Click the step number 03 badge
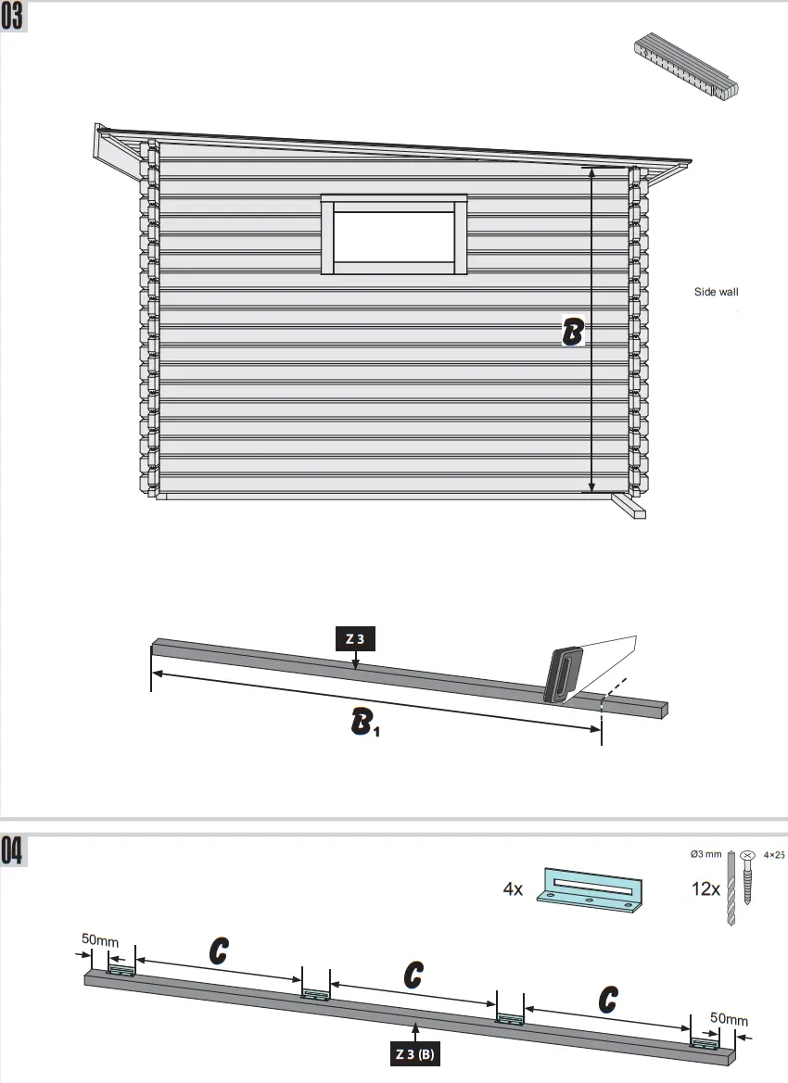coord(13,18)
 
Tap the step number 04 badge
coord(13,851)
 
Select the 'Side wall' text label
coord(717,292)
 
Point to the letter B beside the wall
coord(573,332)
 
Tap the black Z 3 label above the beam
coord(355,638)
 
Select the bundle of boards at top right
coord(689,68)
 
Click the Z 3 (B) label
coord(414,1054)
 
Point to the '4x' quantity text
coord(514,889)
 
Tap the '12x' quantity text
coord(705,889)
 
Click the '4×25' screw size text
coord(774,856)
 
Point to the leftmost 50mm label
coord(99,939)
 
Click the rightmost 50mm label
coord(729,1019)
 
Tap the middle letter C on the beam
coord(413,975)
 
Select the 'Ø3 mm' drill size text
coord(706,853)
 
